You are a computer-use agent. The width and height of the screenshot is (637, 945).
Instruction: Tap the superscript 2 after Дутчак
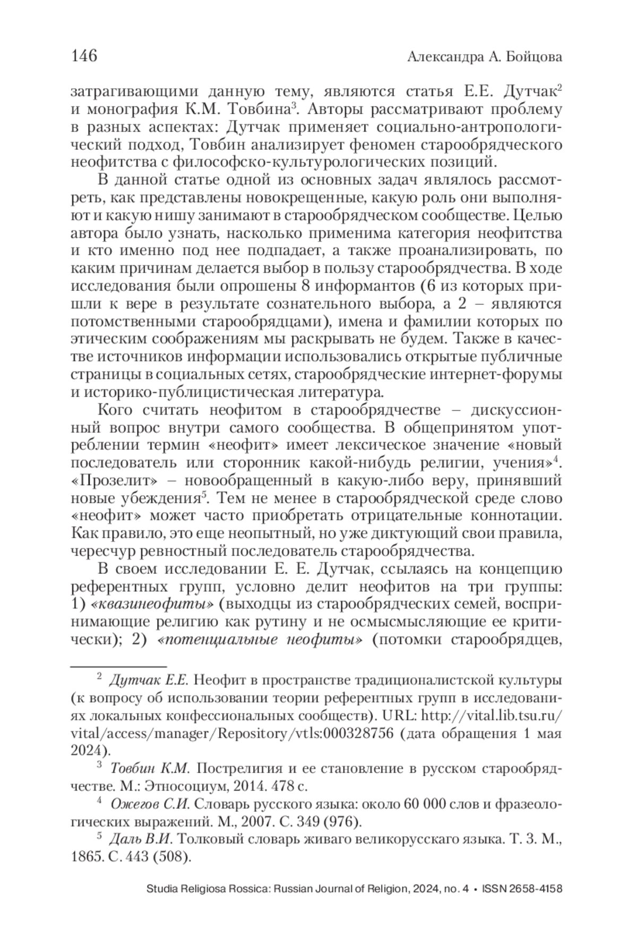pos(559,88)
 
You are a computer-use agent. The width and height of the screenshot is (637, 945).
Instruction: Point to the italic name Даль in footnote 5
pos(124,839)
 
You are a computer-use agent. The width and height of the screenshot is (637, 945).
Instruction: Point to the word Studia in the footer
pos(160,889)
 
